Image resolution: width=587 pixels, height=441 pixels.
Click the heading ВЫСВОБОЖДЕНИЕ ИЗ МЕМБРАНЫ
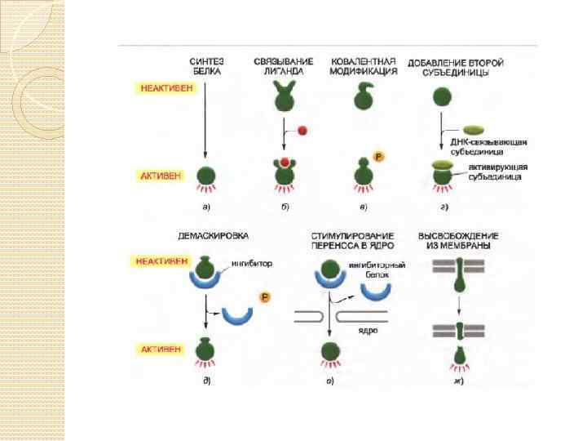pyautogui.click(x=457, y=241)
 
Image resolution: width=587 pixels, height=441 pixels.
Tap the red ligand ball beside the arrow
pyautogui.click(x=302, y=130)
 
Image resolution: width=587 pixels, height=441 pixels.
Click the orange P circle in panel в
pyautogui.click(x=377, y=157)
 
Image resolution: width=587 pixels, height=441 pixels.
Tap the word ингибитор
pyautogui.click(x=253, y=264)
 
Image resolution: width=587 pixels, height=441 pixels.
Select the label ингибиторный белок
pyautogui.click(x=377, y=271)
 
